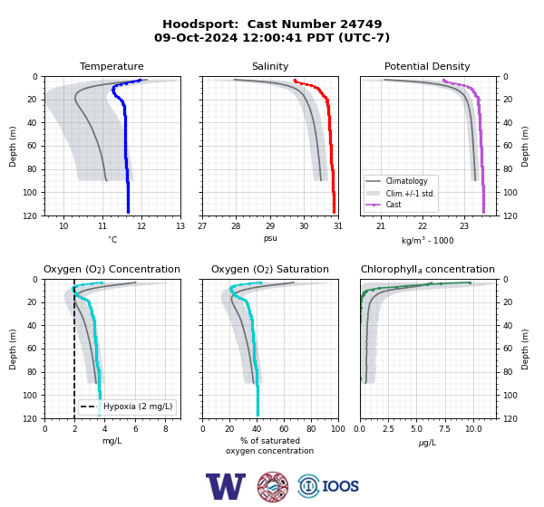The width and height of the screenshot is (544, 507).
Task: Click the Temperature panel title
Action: [x=112, y=66]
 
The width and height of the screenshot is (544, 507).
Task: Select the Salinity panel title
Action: [x=270, y=66]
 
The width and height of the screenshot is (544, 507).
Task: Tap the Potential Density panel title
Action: [x=427, y=66]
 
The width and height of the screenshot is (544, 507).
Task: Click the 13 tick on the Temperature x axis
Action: [x=180, y=226]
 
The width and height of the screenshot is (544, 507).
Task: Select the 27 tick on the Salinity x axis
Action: [x=202, y=226]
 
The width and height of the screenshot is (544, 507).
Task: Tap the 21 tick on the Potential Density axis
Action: [x=381, y=226]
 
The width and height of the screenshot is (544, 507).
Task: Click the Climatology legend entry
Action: [x=406, y=181]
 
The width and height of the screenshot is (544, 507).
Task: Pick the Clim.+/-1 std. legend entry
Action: [x=410, y=194]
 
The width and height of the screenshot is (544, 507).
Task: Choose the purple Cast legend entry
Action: [x=393, y=205]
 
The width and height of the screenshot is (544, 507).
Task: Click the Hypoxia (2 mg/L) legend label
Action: [x=138, y=407]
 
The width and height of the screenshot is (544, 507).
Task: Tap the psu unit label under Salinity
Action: [x=270, y=238]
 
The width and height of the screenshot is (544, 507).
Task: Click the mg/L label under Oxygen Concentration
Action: [x=112, y=441]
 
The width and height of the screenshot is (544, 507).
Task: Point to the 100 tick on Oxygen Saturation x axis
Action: [x=338, y=429]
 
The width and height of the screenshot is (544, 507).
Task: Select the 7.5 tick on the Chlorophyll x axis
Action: [x=444, y=429]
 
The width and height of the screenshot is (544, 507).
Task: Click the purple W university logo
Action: [x=226, y=486]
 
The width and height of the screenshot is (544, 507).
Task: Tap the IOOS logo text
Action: [x=340, y=486]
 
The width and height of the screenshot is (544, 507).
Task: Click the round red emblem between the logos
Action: [x=273, y=486]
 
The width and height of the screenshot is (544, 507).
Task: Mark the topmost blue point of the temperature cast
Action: [x=140, y=80]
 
